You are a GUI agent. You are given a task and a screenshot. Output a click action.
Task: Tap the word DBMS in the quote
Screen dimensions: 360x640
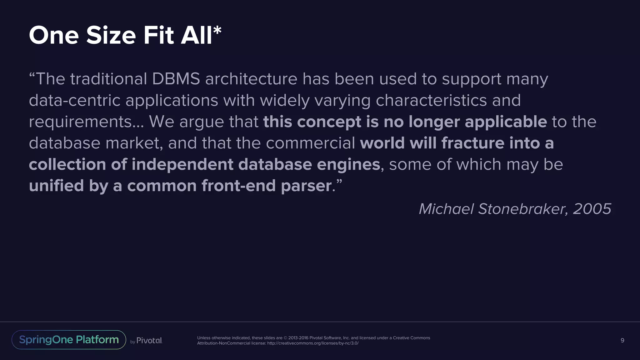[x=176, y=79]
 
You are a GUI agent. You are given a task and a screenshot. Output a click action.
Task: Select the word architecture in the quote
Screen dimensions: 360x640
[x=251, y=79]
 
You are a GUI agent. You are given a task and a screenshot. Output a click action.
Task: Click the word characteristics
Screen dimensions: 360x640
[x=431, y=100]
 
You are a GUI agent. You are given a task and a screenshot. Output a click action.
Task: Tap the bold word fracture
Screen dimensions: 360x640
[x=473, y=143]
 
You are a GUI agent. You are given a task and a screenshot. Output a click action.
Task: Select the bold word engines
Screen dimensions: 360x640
[x=348, y=165]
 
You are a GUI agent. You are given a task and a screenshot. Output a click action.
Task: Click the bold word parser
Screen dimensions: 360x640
[x=306, y=186]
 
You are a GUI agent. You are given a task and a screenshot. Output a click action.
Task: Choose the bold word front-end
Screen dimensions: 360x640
[x=238, y=186]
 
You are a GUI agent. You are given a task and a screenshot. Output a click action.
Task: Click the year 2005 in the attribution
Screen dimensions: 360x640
[x=592, y=209]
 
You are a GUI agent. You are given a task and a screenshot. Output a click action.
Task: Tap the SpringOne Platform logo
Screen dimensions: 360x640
[x=69, y=340]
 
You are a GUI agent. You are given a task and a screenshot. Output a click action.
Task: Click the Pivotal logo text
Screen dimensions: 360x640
[x=149, y=341]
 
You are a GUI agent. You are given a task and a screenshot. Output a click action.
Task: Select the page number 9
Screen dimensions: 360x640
[x=622, y=340]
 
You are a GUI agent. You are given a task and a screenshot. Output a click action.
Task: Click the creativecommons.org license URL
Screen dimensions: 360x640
[x=313, y=343]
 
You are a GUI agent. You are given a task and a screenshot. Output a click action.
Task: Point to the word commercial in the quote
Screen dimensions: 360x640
[x=310, y=143]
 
